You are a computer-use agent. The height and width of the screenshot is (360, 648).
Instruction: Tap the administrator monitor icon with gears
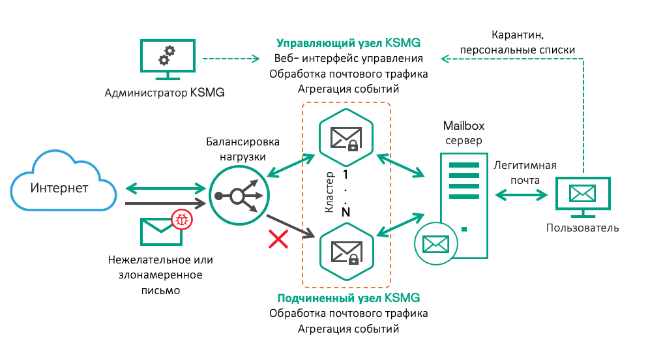point(167,61)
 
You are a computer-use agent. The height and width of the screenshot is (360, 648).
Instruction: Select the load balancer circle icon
point(237,195)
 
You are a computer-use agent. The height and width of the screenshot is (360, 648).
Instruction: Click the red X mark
point(278,241)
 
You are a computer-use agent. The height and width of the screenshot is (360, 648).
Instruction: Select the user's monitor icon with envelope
point(583,196)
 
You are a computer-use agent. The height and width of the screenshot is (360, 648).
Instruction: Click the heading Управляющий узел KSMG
point(348,43)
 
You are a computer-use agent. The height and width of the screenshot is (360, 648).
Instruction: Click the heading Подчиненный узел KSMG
point(348,298)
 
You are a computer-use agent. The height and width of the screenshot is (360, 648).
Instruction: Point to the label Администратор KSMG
point(164,93)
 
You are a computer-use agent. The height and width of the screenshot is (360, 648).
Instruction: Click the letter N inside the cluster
point(346,212)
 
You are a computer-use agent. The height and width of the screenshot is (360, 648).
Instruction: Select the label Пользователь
point(582,228)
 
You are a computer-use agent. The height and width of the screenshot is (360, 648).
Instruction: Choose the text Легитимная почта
point(524,172)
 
